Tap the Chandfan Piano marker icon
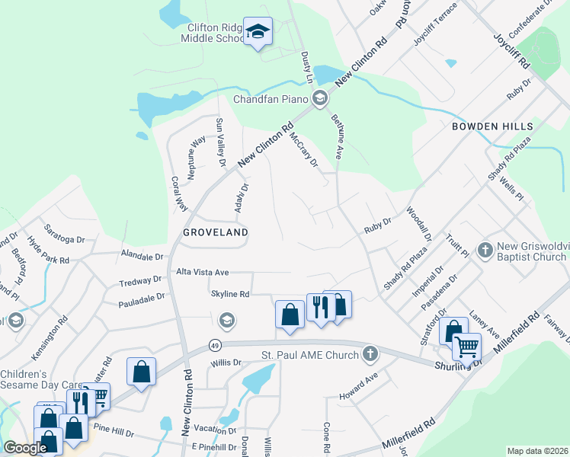tap(320, 97)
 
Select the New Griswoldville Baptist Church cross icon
tap(483, 250)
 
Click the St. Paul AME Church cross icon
tap(370, 353)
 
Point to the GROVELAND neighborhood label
tap(214, 232)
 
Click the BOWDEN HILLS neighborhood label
tap(485, 126)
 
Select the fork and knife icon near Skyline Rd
tap(320, 307)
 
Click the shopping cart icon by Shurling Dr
tap(466, 347)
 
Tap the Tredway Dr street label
tap(141, 282)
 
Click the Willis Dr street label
tap(226, 363)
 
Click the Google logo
tap(25, 448)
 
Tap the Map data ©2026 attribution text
tap(537, 451)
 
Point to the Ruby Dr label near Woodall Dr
tap(376, 225)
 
